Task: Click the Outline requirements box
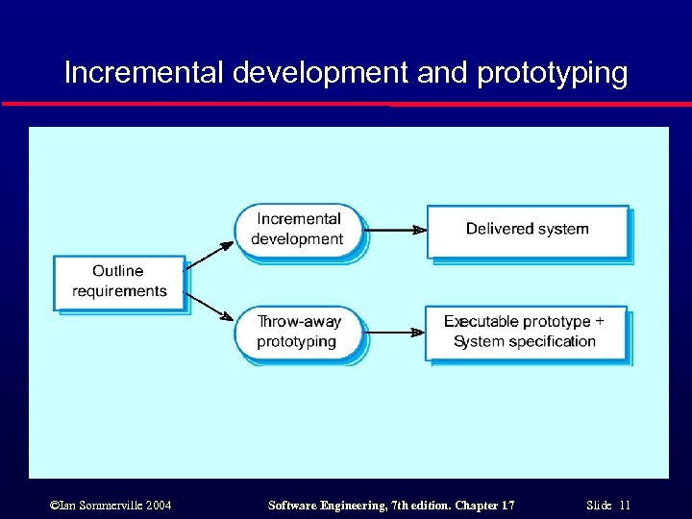pyautogui.click(x=118, y=282)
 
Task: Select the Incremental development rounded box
pyautogui.click(x=298, y=230)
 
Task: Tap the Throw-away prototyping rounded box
pyautogui.click(x=298, y=332)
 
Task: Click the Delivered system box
pyautogui.click(x=528, y=230)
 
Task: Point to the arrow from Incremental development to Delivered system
pyautogui.click(x=395, y=230)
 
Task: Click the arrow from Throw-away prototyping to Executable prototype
pyautogui.click(x=395, y=332)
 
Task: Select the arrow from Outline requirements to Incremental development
pyautogui.click(x=209, y=254)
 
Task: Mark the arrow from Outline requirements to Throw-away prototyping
pyautogui.click(x=209, y=307)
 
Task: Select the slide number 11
pyautogui.click(x=625, y=506)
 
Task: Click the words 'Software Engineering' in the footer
pyautogui.click(x=313, y=506)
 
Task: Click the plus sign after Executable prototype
pyautogui.click(x=600, y=321)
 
